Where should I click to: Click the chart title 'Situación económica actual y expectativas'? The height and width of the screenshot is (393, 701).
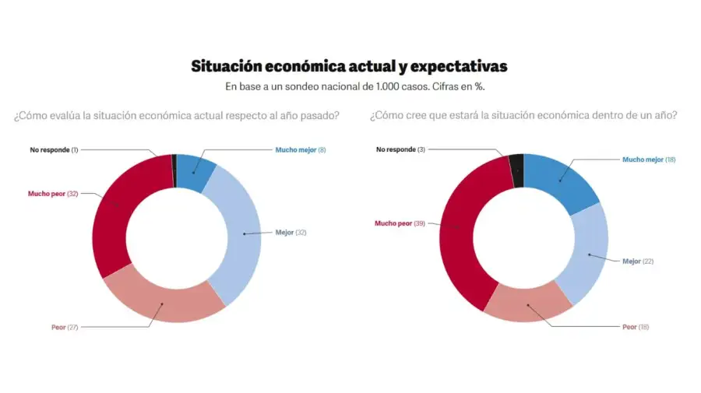[x=349, y=66]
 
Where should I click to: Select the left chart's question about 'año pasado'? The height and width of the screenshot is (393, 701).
[x=176, y=116]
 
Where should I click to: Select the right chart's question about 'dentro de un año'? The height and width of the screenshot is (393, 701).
[x=523, y=116]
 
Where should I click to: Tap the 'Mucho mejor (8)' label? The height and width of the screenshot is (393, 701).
[x=300, y=149]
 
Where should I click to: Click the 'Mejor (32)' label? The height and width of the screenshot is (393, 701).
[x=291, y=232]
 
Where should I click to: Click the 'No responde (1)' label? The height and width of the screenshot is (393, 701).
[x=54, y=149]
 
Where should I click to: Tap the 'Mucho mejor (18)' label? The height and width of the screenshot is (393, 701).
[x=648, y=160]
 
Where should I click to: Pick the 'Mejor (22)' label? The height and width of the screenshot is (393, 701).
[x=637, y=261]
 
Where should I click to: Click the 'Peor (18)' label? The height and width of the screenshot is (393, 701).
[x=635, y=327]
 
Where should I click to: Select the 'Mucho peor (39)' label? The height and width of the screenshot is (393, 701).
[x=400, y=223]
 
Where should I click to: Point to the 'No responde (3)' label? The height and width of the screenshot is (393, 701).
[x=400, y=149]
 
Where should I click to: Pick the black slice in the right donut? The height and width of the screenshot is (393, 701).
[x=516, y=160]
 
